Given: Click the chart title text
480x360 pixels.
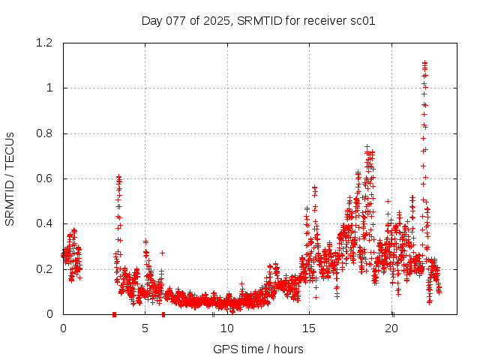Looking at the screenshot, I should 258,20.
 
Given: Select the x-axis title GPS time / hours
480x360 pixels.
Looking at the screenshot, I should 258,349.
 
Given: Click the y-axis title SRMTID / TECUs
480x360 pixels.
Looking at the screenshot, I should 10,178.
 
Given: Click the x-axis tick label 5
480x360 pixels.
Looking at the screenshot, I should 145,328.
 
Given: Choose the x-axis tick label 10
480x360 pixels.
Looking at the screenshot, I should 227,328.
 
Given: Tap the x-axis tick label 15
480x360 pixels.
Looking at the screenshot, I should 310,328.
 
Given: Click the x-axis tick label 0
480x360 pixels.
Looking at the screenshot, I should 63,328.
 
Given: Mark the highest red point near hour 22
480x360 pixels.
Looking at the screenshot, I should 424,63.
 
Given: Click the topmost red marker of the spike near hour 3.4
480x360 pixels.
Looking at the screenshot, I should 118,177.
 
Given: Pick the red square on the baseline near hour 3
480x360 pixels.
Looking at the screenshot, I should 114,313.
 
